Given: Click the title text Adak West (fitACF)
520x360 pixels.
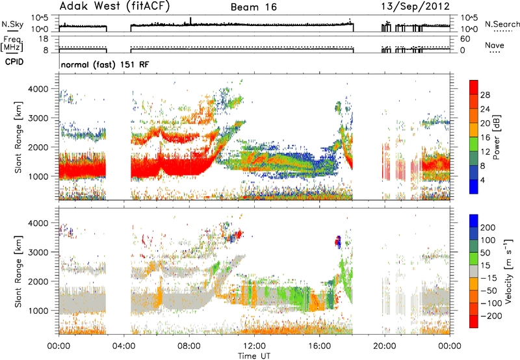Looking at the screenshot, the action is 114,6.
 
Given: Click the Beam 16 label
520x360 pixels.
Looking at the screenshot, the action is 253,7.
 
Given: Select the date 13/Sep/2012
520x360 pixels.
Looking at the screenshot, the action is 415,6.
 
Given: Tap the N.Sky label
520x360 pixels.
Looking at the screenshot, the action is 12,24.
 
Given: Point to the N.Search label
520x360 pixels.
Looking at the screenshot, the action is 502,24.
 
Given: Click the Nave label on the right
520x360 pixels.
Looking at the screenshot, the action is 494,45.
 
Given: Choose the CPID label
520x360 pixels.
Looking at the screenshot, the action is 14,62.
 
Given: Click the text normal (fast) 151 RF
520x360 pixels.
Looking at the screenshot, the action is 105,64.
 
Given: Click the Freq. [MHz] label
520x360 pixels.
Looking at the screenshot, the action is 12,44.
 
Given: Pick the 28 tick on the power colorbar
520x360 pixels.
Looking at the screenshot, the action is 485,95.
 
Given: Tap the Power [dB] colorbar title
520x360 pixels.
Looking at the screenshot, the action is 497,137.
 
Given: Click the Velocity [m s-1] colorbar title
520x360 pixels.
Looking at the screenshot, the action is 508,271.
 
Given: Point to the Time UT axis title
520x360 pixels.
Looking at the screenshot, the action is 254,356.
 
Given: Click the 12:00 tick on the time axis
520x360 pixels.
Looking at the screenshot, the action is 254,346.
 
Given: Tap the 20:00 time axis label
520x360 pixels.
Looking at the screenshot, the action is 385,346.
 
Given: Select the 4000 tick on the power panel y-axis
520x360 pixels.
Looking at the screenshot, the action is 38,89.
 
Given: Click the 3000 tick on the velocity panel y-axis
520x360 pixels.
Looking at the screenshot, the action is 38,252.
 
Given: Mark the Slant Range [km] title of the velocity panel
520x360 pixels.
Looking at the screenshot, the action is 18,271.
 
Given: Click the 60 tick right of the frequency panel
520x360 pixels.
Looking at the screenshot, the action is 465,39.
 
